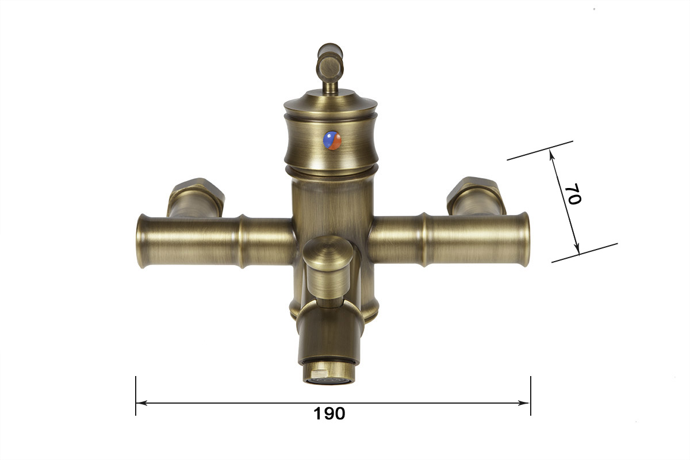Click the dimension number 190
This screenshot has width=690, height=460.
coord(329,413)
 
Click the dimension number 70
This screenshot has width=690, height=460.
coord(573,194)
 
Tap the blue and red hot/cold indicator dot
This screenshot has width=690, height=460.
coord(332,140)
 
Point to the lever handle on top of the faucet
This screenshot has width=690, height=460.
coord(330,67)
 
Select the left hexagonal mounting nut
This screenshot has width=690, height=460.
coord(197,197)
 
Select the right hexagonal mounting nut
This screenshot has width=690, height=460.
coord(476,195)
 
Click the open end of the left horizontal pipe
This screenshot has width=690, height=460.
coord(141,241)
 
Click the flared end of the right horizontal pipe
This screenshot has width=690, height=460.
coord(524,239)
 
